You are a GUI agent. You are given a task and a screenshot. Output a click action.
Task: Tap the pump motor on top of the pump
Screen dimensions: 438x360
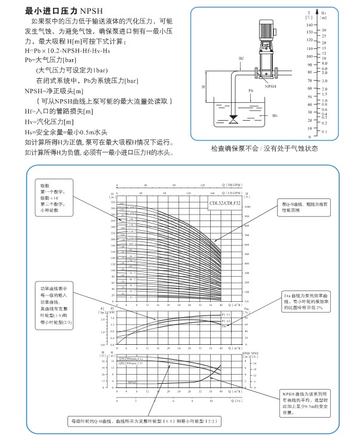tap(263, 29)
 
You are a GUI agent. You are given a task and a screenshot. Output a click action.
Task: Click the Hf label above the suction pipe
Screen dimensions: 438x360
tap(241, 58)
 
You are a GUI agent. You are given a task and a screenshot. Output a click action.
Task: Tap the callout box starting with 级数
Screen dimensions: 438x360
tap(55, 197)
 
